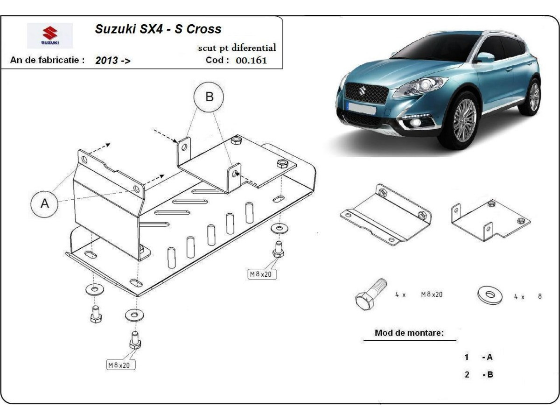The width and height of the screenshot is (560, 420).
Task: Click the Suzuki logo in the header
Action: [50, 35]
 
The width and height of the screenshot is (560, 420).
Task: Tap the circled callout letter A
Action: [45, 203]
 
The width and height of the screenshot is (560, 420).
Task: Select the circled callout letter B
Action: [209, 97]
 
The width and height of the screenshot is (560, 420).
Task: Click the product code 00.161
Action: [252, 60]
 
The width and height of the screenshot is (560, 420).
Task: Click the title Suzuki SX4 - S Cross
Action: [158, 29]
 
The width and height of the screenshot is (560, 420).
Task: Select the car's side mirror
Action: [485, 57]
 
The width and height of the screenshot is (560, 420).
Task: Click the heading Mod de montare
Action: [409, 333]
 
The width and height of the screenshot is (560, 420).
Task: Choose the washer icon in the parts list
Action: [490, 295]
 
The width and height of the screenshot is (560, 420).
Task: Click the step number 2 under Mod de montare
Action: [467, 374]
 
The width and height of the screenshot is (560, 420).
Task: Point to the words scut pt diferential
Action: [237, 48]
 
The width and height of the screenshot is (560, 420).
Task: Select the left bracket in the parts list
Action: [386, 215]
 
